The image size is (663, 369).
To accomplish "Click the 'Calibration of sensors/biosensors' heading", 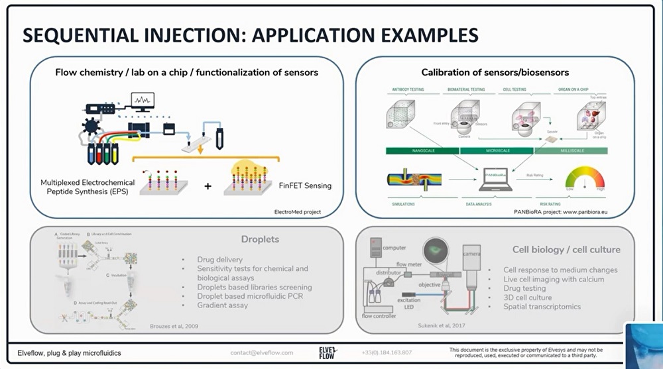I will click(495, 72).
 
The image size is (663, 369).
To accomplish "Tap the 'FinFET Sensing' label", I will click(304, 185).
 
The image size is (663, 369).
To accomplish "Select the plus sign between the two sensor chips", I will click(208, 186).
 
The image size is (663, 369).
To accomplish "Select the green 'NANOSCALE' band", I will click(422, 150).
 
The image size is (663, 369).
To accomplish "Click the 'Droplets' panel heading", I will click(260, 239).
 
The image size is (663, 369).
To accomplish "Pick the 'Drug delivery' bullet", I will click(219, 260).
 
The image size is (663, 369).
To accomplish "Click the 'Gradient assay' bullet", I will click(222, 305).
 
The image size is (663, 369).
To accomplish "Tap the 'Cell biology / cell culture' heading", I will click(566, 250).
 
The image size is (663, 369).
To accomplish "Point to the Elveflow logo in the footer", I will click(328, 352).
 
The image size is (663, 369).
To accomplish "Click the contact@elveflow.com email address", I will click(262, 352).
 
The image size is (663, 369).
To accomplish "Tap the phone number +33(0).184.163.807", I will click(387, 352).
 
